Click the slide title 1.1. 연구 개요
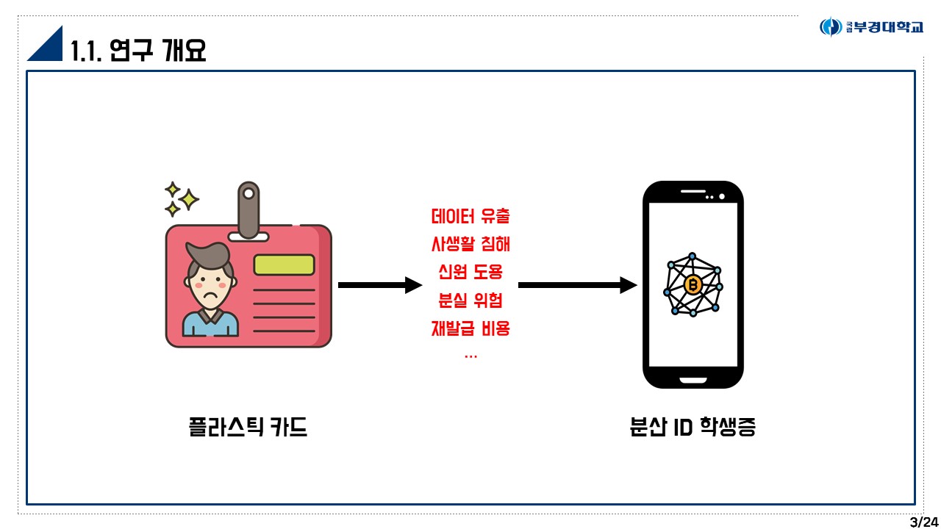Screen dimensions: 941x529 [138, 50]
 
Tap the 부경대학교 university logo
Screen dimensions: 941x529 [871, 27]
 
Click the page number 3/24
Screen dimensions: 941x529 [923, 522]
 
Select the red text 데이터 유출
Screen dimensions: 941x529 [470, 217]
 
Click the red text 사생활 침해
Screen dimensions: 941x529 [470, 244]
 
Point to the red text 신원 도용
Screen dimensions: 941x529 [470, 272]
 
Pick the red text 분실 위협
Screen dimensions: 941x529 [470, 300]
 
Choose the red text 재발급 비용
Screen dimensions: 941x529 [470, 328]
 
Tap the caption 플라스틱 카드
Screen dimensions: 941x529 [248, 428]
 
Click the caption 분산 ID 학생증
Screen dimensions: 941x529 [693, 428]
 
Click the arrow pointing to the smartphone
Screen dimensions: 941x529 [577, 285]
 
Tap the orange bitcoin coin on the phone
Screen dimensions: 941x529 [692, 284]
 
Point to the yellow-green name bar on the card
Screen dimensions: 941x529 [284, 264]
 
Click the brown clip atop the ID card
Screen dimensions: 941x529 [248, 209]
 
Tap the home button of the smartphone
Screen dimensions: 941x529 [693, 380]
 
